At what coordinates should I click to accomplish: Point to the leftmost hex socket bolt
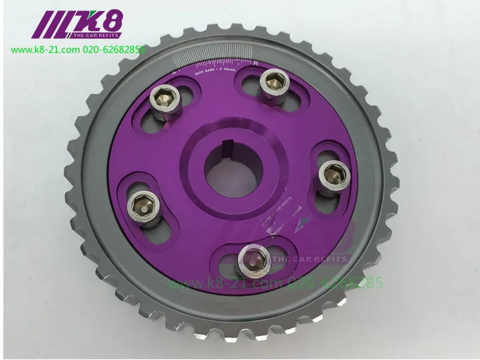[143, 201]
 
